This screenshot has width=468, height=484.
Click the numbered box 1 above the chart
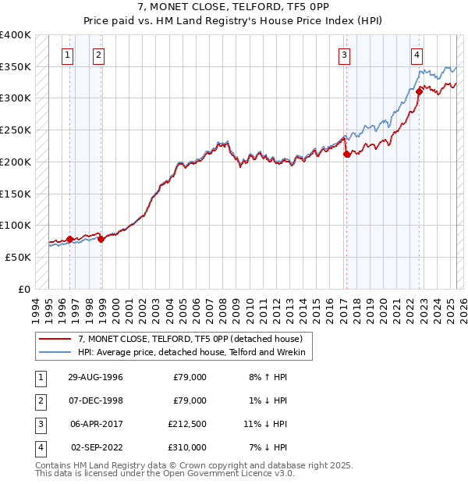[69, 55]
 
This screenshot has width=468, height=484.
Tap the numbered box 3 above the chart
[344, 55]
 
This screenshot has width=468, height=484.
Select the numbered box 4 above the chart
[417, 55]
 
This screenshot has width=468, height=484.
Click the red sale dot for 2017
[346, 155]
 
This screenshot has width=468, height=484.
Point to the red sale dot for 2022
[419, 91]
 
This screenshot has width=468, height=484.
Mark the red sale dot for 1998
[101, 239]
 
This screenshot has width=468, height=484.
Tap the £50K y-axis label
[19, 257]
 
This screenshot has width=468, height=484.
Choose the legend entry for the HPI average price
[194, 353]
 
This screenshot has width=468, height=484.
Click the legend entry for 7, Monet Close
[195, 339]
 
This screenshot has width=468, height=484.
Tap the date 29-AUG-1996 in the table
[96, 377]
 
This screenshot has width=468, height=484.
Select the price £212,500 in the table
[188, 425]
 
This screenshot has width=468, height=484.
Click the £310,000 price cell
[188, 448]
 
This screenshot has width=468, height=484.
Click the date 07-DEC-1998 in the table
[96, 401]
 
